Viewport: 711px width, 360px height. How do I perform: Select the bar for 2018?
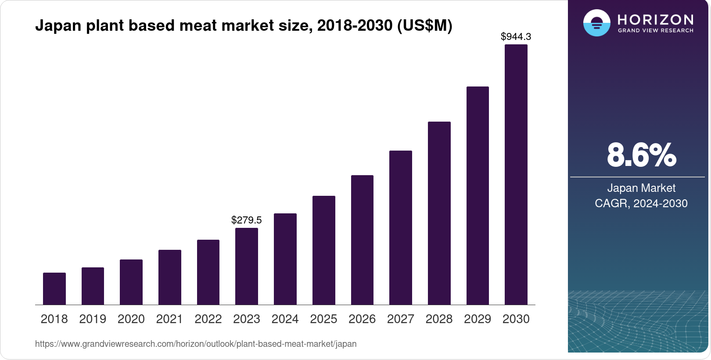[x=54, y=288]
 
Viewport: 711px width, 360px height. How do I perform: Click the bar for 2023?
[x=247, y=266]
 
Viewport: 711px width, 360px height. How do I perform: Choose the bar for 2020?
[x=131, y=282]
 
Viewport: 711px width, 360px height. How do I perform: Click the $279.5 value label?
[x=247, y=220]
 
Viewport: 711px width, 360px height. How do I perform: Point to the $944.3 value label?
[x=516, y=37]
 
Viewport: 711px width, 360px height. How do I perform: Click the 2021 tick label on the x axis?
[x=169, y=319]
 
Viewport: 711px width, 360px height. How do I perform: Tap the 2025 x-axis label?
[x=323, y=319]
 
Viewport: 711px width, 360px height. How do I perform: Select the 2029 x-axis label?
[x=478, y=319]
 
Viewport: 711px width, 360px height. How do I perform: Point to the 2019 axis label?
[x=93, y=319]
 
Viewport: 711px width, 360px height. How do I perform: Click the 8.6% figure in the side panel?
[x=641, y=155]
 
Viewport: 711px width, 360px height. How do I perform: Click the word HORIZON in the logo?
[x=655, y=20]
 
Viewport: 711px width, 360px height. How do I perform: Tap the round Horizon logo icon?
[x=596, y=23]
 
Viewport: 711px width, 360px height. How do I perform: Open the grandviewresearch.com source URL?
[x=196, y=344]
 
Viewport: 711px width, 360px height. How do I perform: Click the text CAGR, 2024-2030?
[x=641, y=204]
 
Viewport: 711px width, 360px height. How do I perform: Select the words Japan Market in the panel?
[x=641, y=188]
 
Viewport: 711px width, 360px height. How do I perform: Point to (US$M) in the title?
[x=424, y=26]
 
